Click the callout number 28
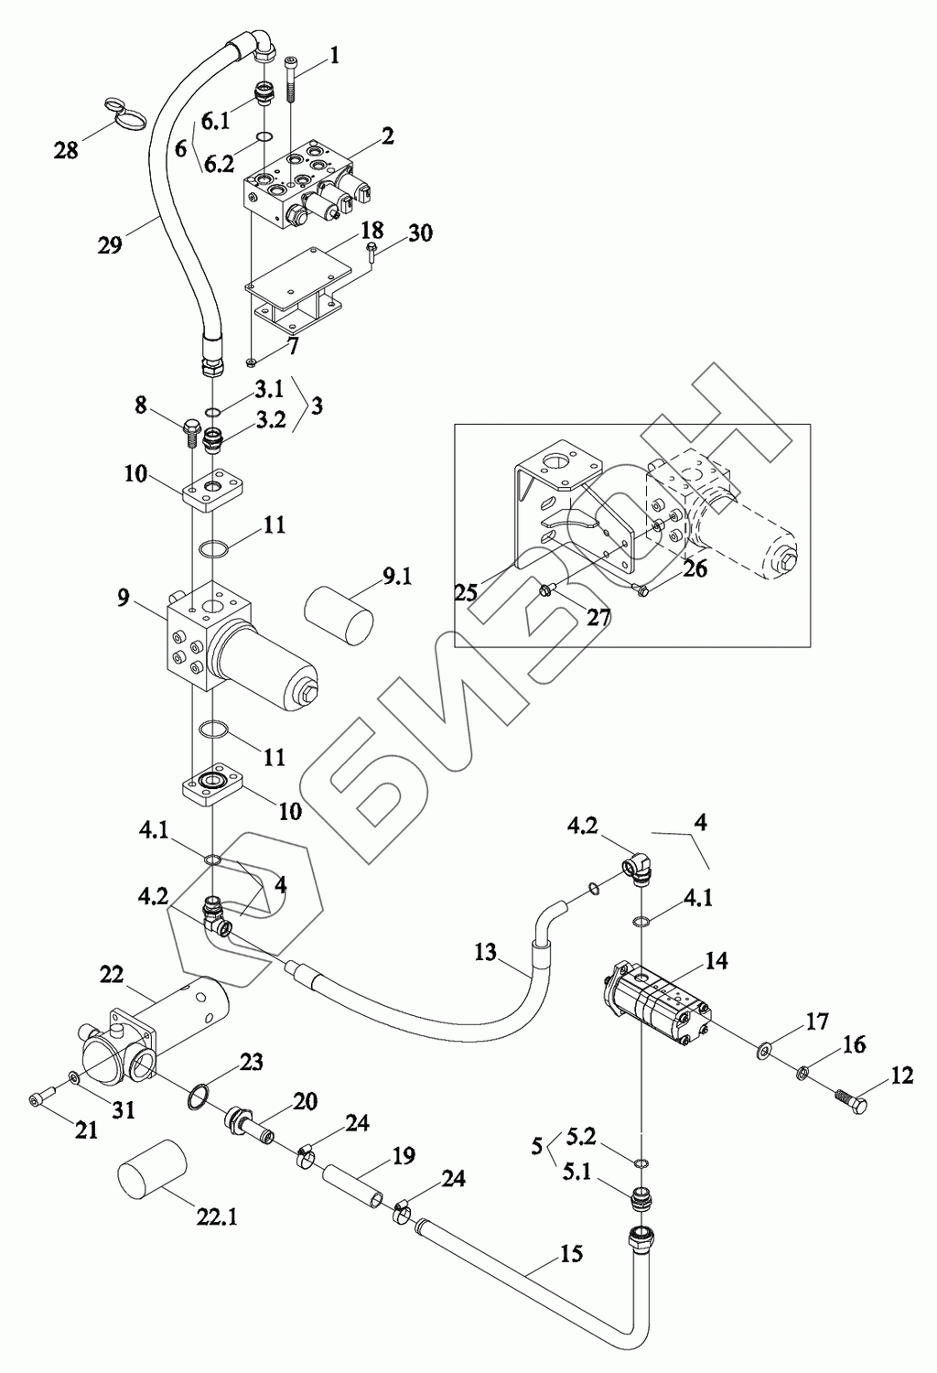click(x=66, y=150)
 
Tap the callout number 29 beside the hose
click(x=110, y=245)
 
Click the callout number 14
click(x=716, y=960)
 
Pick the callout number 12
click(x=901, y=1076)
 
